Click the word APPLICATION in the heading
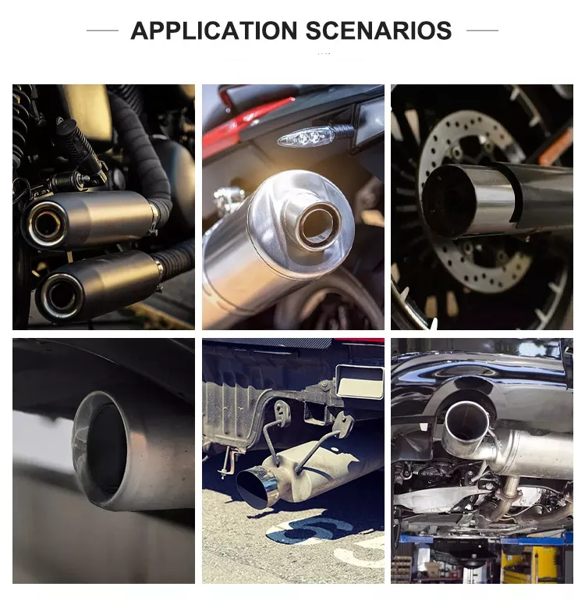(x=214, y=30)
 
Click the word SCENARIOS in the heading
(x=378, y=30)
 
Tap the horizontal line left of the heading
(x=102, y=30)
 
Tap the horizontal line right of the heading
(x=482, y=30)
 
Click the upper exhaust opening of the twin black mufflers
(x=47, y=224)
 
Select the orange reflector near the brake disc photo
(x=555, y=148)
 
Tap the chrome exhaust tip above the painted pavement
(x=256, y=488)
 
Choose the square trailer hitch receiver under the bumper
(x=360, y=382)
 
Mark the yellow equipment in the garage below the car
(x=537, y=564)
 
